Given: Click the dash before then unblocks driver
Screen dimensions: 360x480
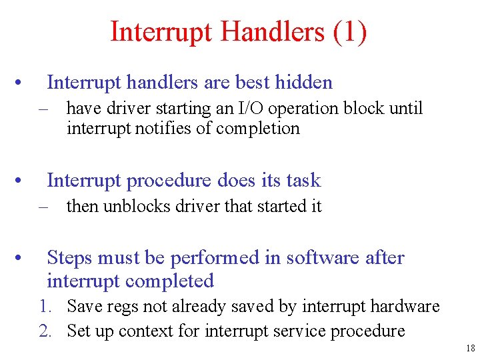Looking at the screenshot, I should (x=45, y=207).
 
